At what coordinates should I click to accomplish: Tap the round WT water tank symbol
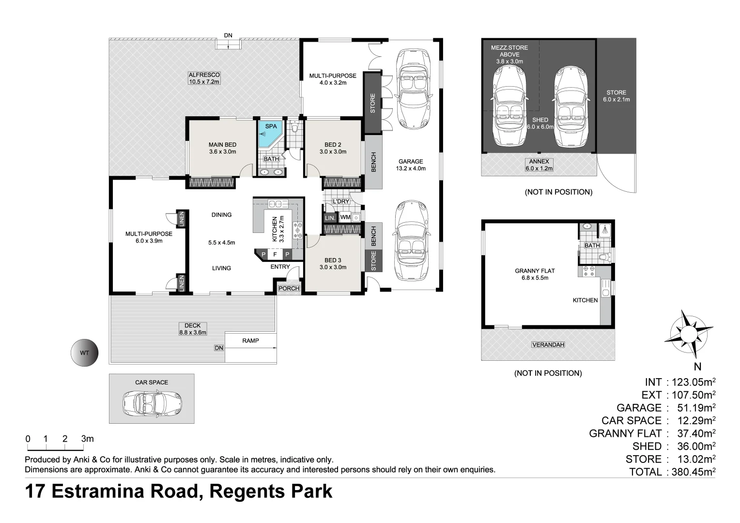(85, 353)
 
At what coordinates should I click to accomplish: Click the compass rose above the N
(689, 334)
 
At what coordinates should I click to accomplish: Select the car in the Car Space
(152, 403)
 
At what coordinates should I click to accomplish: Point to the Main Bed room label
(223, 148)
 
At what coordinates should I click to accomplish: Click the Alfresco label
(204, 78)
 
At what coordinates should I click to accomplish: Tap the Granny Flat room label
(535, 274)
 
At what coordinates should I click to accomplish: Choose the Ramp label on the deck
(250, 340)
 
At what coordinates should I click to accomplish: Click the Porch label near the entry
(289, 289)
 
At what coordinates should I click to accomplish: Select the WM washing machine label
(345, 217)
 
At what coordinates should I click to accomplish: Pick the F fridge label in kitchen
(275, 254)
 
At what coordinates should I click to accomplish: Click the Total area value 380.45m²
(694, 472)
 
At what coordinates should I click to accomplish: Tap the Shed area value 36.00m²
(696, 446)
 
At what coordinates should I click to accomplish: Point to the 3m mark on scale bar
(88, 439)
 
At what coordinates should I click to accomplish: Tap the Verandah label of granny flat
(548, 345)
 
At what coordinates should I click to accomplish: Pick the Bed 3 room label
(333, 263)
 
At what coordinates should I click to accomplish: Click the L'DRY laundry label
(341, 201)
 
